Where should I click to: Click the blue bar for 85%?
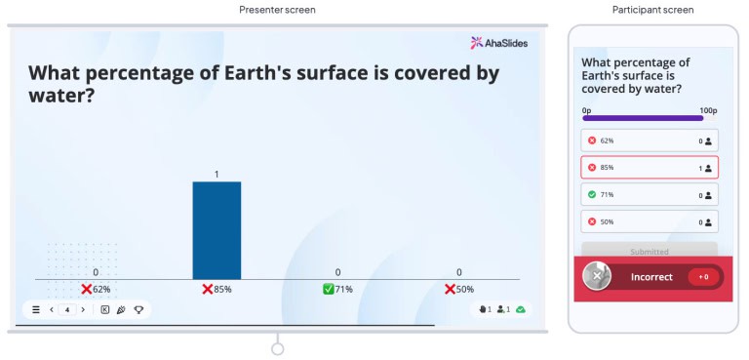click(217, 230)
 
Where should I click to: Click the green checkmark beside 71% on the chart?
click(329, 290)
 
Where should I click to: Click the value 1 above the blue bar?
click(217, 175)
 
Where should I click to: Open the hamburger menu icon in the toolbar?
click(36, 309)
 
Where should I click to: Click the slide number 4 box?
click(66, 309)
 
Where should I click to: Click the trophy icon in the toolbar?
click(138, 309)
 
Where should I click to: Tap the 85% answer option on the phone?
click(650, 168)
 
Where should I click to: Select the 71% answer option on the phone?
click(650, 195)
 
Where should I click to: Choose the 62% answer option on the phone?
click(650, 140)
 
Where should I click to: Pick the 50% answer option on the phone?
click(650, 221)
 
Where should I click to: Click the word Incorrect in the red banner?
click(651, 277)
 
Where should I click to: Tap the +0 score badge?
click(702, 277)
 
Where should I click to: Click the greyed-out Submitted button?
click(650, 251)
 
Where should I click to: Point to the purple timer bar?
click(643, 118)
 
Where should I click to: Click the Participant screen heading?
click(652, 10)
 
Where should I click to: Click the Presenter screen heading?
click(277, 10)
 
